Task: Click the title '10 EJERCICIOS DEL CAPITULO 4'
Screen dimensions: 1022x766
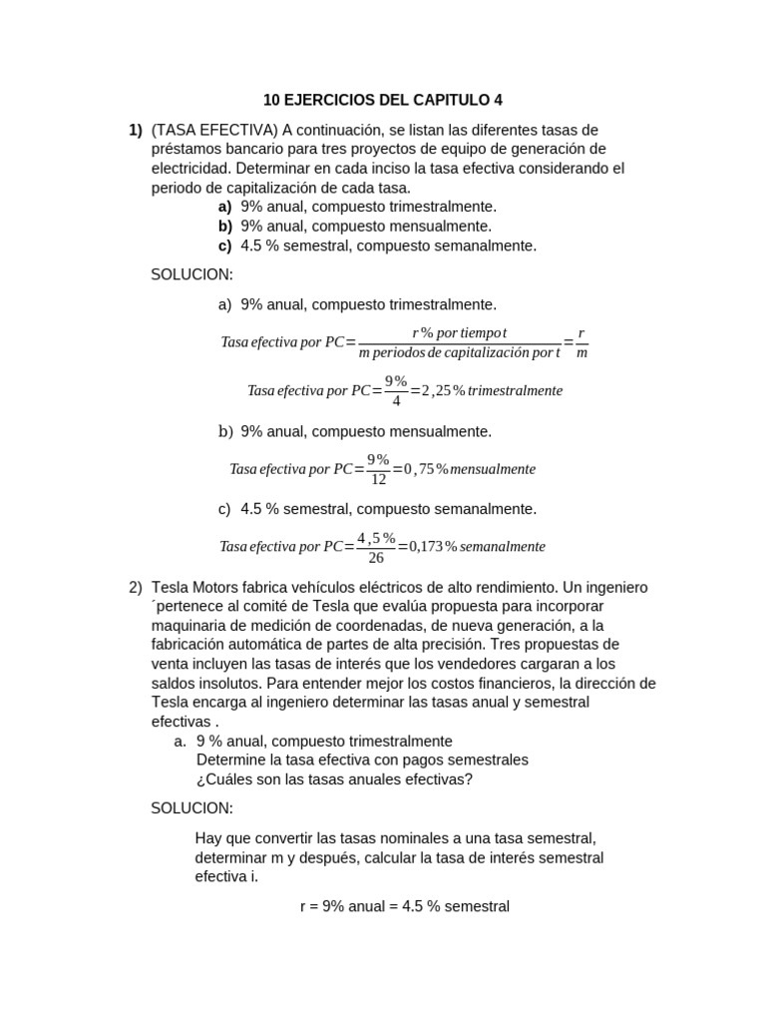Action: pos(383,100)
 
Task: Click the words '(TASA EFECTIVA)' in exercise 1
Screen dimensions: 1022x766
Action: pos(213,130)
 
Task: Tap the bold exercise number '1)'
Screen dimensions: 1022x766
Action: pos(136,130)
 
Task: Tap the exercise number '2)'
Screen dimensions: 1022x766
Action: pos(136,587)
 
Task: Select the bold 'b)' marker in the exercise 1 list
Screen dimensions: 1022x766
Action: pos(224,226)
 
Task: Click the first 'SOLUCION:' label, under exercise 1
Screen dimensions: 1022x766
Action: pos(191,274)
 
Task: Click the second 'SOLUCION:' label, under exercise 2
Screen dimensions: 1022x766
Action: pos(191,807)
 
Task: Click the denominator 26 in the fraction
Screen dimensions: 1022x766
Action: pos(376,558)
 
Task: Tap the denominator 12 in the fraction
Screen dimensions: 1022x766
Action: pos(379,480)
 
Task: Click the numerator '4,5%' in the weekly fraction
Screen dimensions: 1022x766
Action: pos(376,537)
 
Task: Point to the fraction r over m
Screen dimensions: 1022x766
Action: pos(581,342)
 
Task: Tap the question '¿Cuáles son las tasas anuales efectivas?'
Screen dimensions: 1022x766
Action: pos(334,778)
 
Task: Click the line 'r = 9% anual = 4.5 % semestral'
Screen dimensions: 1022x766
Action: pos(404,906)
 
